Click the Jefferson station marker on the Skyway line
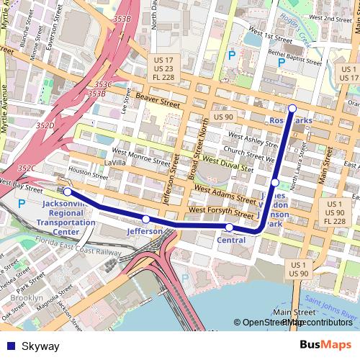click(145, 219)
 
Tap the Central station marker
click(229, 228)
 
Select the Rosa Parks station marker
click(292, 109)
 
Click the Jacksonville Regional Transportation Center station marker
click(67, 192)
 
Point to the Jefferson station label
click(145, 232)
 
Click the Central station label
click(230, 240)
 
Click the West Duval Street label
click(228, 163)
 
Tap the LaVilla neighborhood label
click(114, 163)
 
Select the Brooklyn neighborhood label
click(27, 297)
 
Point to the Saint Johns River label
click(330, 306)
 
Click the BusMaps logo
click(325, 346)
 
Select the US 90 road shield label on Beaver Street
click(223, 117)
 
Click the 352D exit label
click(45, 125)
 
